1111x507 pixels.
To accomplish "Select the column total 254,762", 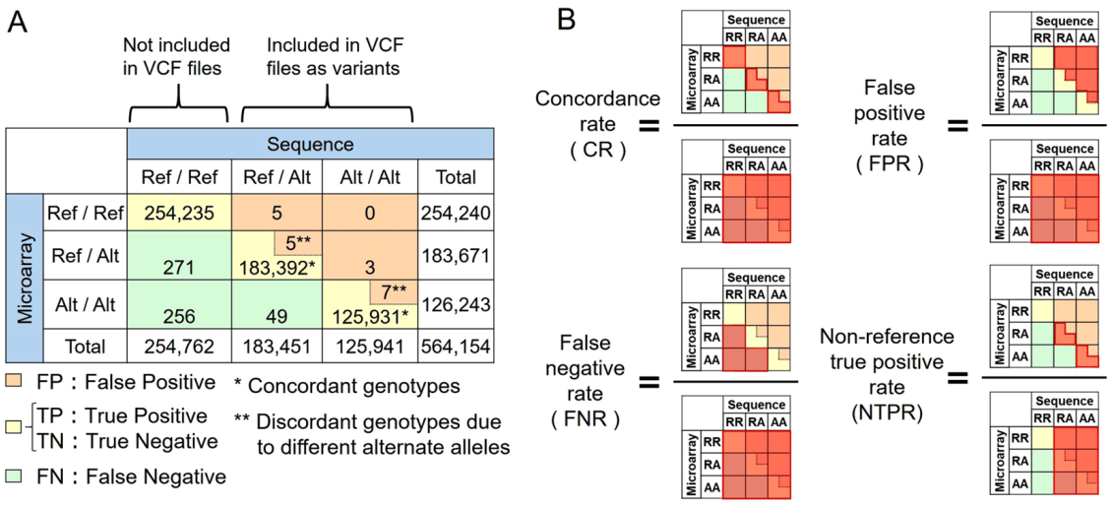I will pyautogui.click(x=178, y=346).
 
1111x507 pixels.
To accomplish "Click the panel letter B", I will pyautogui.click(x=569, y=20).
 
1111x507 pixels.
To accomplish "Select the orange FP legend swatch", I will pyautogui.click(x=17, y=381).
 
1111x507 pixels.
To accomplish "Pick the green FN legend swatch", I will pyautogui.click(x=17, y=476).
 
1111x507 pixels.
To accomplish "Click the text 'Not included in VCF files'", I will pyautogui.click(x=177, y=58).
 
